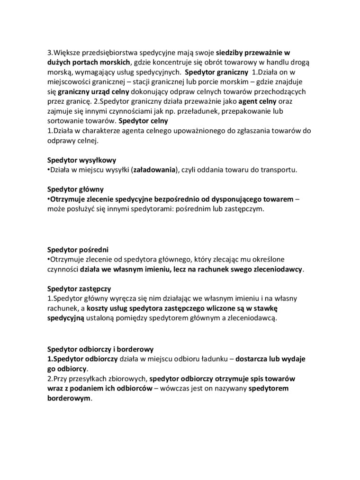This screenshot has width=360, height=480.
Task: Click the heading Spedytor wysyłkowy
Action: click(x=81, y=160)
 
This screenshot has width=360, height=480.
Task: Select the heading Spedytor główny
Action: click(x=75, y=189)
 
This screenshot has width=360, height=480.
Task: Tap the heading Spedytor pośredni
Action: click(x=78, y=249)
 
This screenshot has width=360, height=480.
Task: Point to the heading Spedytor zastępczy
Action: click(x=79, y=288)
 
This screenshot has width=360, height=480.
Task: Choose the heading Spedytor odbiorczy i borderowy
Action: click(x=100, y=349)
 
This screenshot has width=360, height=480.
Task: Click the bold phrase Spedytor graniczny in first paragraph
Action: click(x=216, y=72)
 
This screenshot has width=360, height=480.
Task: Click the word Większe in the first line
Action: click(x=70, y=53)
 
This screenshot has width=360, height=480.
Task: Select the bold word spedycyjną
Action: click(x=65, y=318)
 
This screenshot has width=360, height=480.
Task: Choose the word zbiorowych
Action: click(x=130, y=379)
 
